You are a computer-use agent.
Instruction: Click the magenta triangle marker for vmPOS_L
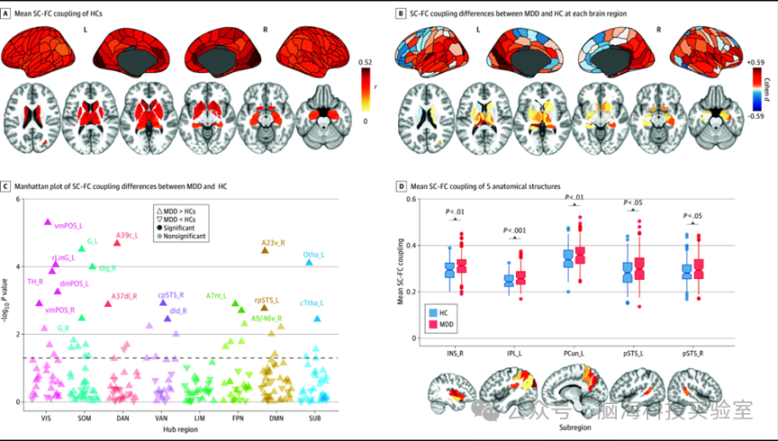click(48, 221)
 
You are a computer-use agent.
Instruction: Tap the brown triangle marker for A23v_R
click(265, 249)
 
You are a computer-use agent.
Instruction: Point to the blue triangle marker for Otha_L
click(309, 261)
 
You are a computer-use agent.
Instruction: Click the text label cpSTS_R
click(170, 294)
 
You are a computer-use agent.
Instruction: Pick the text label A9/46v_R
click(267, 318)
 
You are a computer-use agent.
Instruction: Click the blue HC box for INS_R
click(449, 269)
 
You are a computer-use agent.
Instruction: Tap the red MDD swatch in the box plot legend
click(431, 322)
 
